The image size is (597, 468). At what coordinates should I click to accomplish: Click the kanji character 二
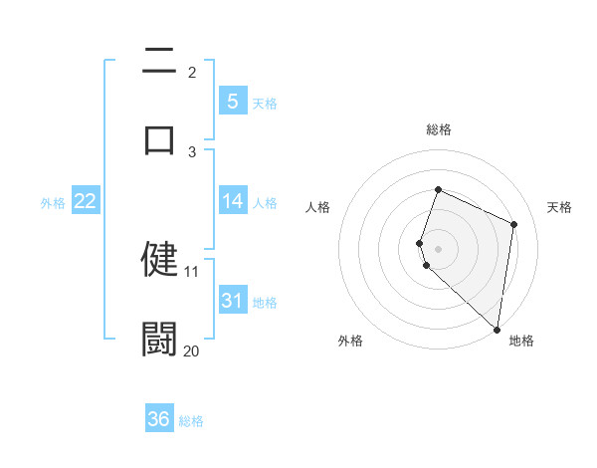pos(159,62)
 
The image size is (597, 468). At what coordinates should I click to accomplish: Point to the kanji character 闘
pos(159,338)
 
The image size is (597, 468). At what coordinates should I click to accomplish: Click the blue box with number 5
pos(232,101)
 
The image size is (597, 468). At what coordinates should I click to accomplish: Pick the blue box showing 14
pos(232,201)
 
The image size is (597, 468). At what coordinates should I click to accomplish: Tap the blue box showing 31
pos(232,300)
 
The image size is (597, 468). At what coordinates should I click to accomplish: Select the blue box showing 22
pos(85,201)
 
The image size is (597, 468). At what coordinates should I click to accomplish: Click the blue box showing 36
pos(158,419)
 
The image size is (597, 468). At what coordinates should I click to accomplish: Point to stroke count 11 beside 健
pos(192,271)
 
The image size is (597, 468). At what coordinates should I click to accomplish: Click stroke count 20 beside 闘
pos(192,351)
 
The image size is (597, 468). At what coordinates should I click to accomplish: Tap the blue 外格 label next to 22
pos(53,202)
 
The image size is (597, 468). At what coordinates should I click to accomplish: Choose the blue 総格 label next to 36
pos(191,420)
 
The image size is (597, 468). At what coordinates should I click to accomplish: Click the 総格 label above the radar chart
pos(438,129)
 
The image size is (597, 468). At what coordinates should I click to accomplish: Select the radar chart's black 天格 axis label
pos(559,207)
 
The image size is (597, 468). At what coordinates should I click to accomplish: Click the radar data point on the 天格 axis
pos(514,224)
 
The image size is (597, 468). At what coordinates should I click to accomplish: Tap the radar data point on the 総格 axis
pos(438,190)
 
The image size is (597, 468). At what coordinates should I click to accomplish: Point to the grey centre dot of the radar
pos(438,248)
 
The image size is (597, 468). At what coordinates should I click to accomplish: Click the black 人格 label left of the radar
pos(317,207)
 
